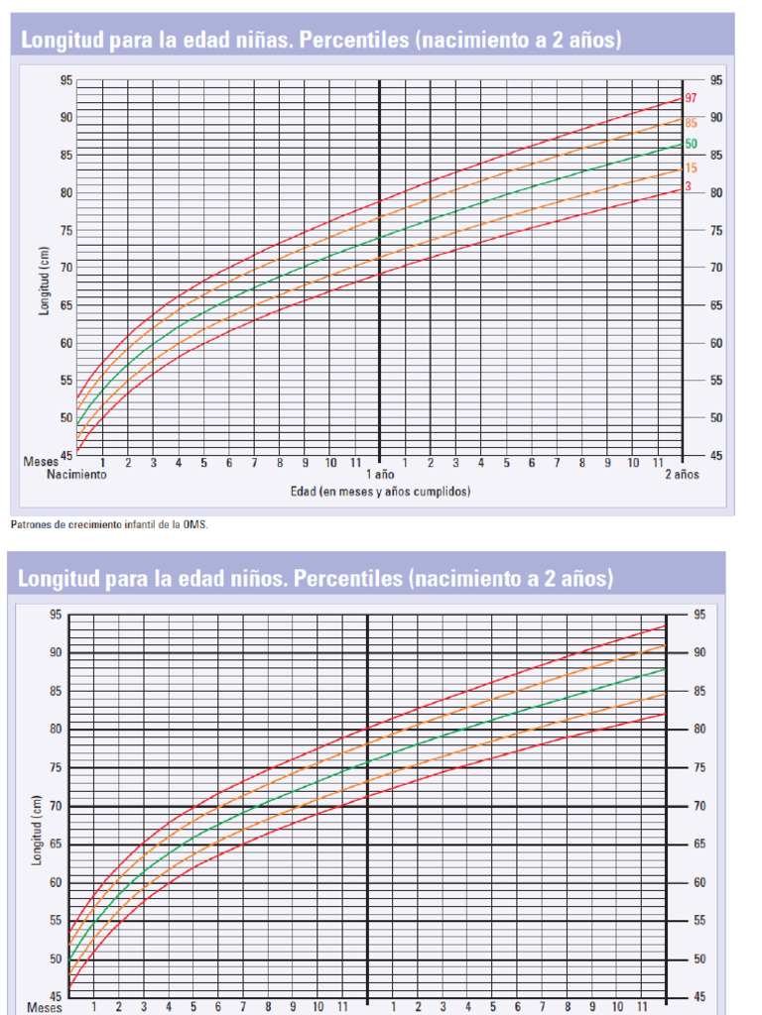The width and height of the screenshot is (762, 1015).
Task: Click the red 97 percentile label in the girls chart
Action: click(x=691, y=98)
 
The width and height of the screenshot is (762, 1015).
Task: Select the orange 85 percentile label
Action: click(x=691, y=123)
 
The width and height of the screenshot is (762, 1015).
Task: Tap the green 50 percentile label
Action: click(x=691, y=145)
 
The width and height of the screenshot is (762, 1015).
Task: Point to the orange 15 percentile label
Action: click(x=691, y=169)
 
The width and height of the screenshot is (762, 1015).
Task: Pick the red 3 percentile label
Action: click(x=688, y=186)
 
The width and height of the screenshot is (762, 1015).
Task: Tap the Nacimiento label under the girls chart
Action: click(x=76, y=475)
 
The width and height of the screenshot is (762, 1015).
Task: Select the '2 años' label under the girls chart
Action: click(x=682, y=475)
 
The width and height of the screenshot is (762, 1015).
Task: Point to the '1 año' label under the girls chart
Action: click(x=380, y=475)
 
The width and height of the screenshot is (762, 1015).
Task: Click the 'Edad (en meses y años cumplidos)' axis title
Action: click(x=380, y=492)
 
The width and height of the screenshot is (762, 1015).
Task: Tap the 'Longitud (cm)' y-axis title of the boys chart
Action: click(x=36, y=829)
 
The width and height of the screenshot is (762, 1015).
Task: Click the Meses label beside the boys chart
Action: click(x=45, y=1007)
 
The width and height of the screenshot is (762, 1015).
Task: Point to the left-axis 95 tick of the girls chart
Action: click(x=65, y=80)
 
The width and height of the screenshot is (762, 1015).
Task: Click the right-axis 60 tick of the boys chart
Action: click(x=700, y=882)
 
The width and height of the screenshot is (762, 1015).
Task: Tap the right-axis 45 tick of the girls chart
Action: click(x=716, y=455)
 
